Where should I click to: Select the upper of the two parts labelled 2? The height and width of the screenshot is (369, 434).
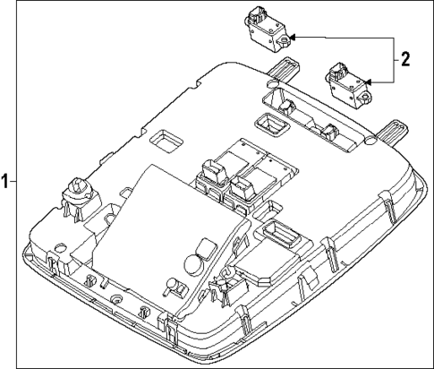[x=265, y=29]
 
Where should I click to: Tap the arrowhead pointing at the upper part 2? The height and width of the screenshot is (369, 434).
[x=294, y=39]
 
